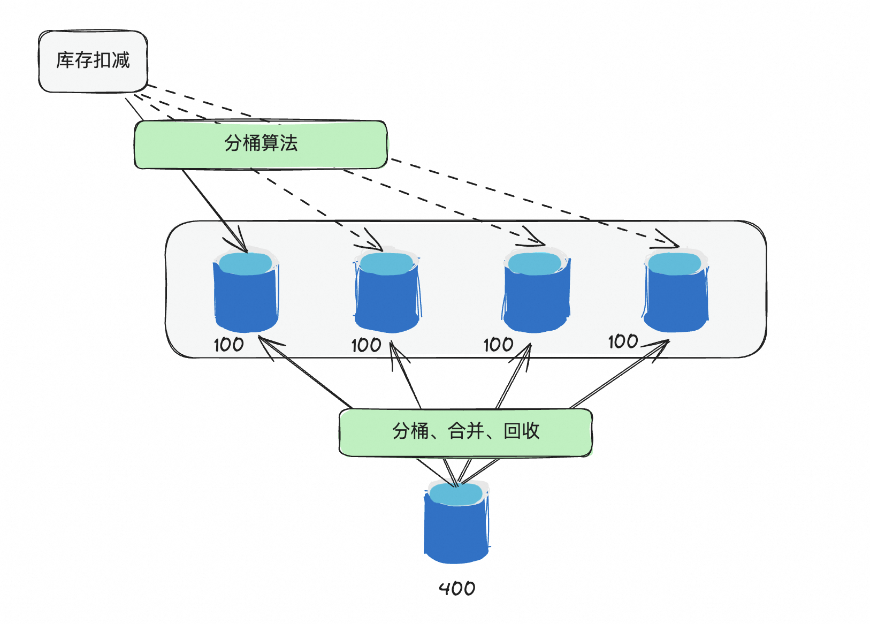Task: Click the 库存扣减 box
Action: tap(93, 61)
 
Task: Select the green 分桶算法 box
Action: tap(261, 144)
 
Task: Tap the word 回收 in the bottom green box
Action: tap(522, 431)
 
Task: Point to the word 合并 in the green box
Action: tap(466, 431)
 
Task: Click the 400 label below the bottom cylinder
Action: tap(457, 589)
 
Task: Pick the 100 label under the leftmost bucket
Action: tap(228, 345)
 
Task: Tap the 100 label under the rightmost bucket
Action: tap(623, 341)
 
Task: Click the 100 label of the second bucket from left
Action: tap(366, 345)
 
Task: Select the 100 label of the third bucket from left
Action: tap(498, 345)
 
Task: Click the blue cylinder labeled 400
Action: tap(456, 530)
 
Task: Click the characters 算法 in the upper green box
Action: tap(279, 143)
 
